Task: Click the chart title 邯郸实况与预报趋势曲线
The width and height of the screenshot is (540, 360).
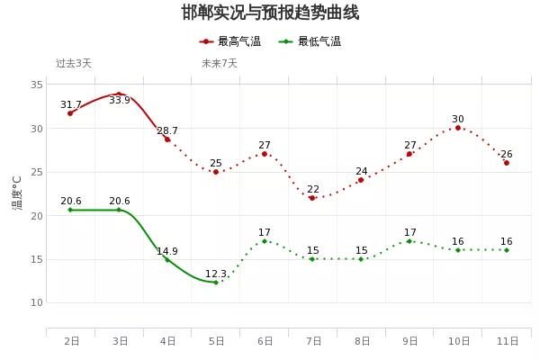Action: pos(270,13)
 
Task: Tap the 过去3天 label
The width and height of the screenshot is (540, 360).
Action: pos(74,63)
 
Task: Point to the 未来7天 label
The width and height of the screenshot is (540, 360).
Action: pos(220,63)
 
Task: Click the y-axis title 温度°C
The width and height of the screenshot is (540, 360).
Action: pos(17,193)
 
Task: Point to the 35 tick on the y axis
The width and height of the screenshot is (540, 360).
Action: pos(38,85)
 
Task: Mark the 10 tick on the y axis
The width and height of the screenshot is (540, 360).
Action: pos(38,302)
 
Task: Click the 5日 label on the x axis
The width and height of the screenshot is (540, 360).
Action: pos(217,341)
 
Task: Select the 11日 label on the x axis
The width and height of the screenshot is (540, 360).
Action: pos(507,341)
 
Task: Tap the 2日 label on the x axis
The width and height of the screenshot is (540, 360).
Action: pos(71,341)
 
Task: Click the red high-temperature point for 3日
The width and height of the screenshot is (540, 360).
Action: pos(119,94)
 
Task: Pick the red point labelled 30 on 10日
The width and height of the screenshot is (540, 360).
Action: pos(458,128)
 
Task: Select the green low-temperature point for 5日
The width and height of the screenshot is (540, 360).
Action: pos(216,283)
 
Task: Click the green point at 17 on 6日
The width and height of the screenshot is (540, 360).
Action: pos(265,241)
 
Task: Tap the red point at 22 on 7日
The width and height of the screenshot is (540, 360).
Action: pos(313,198)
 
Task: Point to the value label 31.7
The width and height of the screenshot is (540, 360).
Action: pos(71,104)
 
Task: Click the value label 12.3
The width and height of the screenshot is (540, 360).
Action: pos(216,274)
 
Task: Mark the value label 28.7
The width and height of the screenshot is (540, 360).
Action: pos(167,130)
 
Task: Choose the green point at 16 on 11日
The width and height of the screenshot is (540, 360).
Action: pos(507,250)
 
